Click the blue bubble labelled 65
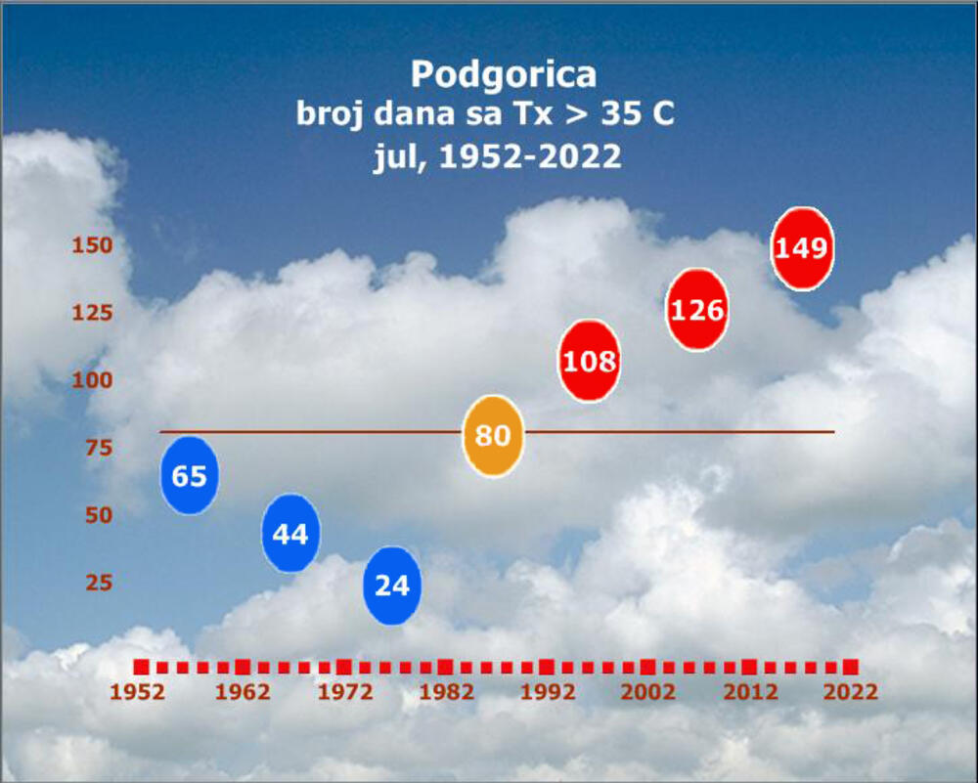click(190, 475)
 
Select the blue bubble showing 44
click(290, 534)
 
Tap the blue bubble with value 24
click(392, 586)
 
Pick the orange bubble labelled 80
click(493, 435)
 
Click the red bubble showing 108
click(590, 361)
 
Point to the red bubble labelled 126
click(697, 310)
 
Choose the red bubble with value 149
click(802, 248)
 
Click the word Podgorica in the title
click(503, 74)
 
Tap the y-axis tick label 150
click(92, 244)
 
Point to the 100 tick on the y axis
click(92, 379)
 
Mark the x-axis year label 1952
click(137, 692)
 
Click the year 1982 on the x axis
click(445, 692)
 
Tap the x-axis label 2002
click(647, 692)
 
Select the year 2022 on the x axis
click(850, 692)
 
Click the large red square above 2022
click(850, 667)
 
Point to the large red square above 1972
click(343, 667)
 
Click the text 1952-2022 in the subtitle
click(530, 156)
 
